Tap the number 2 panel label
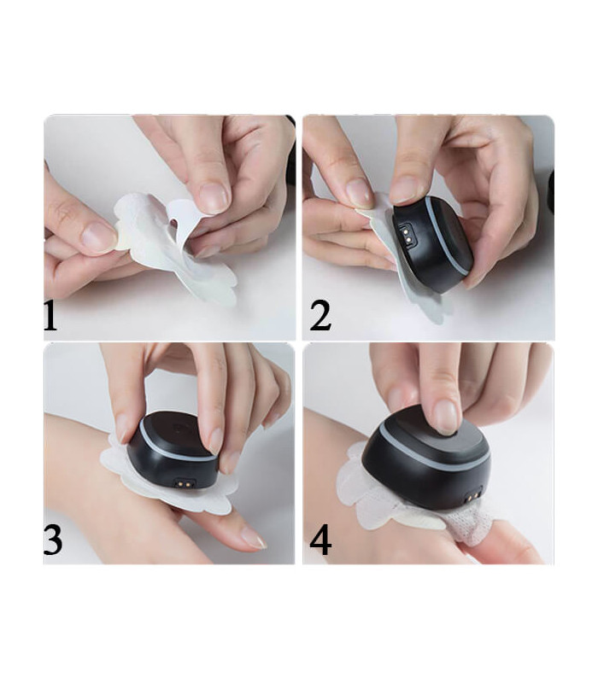[x=320, y=316]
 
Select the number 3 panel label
[x=52, y=541]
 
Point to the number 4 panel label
[x=320, y=541]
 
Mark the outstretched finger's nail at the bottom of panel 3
[x=253, y=537]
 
